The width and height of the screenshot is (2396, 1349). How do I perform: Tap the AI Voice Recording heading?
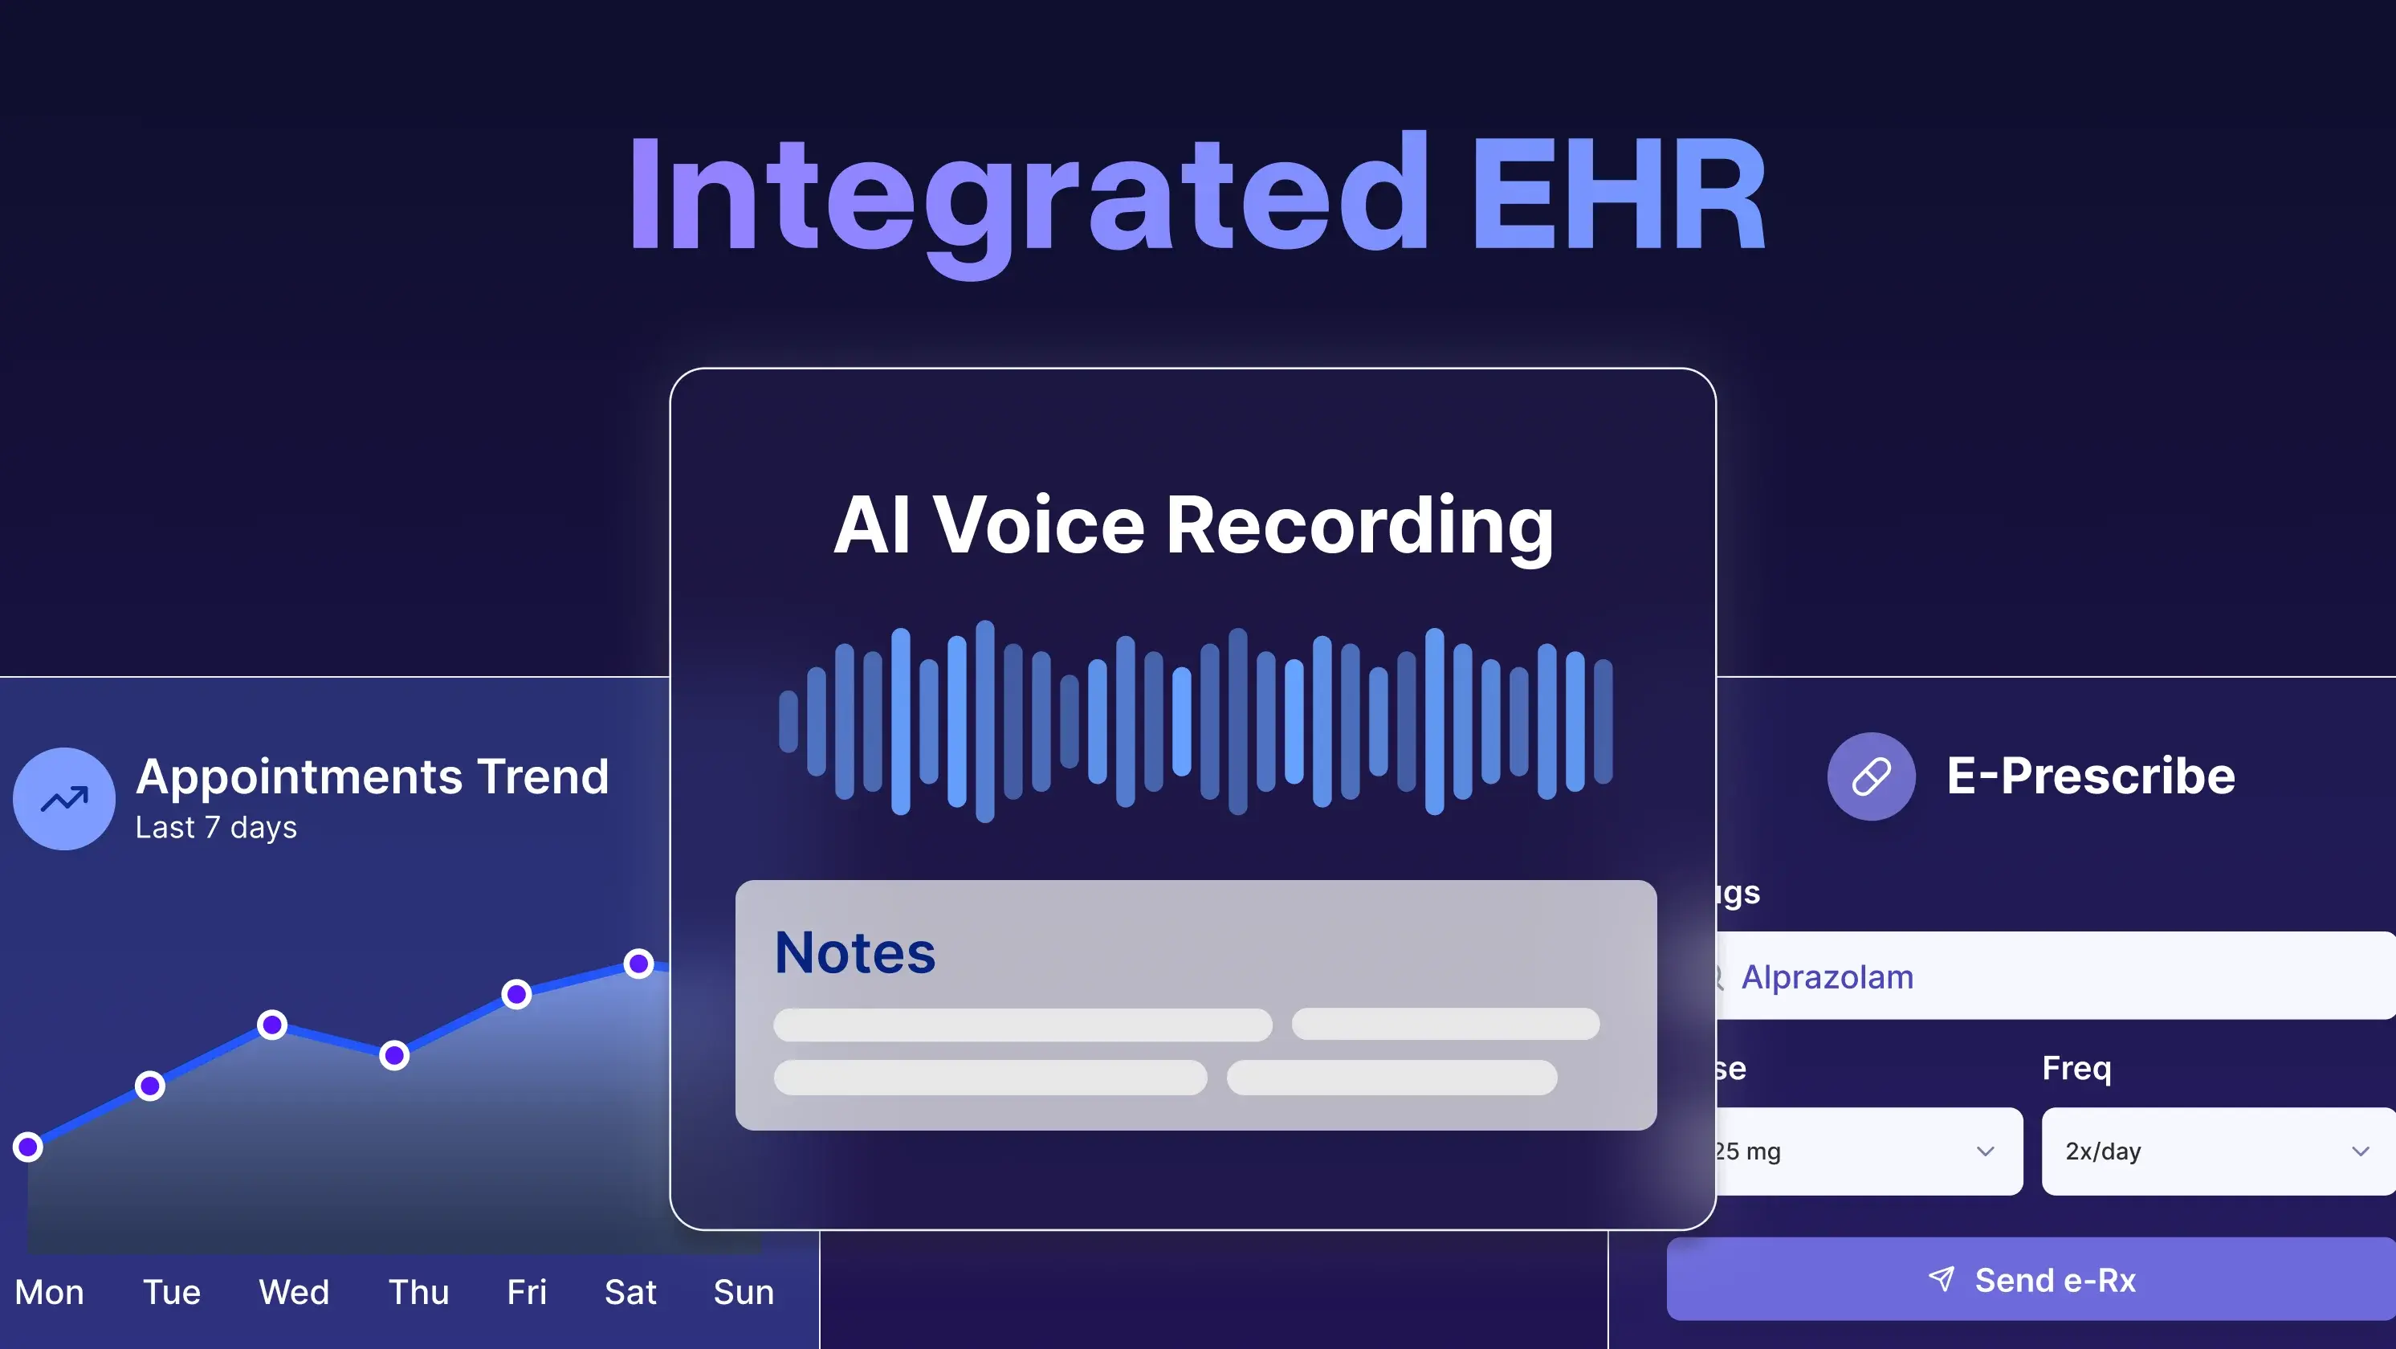click(1192, 526)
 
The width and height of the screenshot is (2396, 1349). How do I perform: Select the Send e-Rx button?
click(2031, 1279)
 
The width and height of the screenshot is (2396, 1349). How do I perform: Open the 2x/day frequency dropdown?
click(2218, 1151)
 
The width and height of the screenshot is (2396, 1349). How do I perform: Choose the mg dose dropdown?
click(1865, 1151)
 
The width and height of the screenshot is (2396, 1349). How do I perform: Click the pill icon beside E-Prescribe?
click(1871, 776)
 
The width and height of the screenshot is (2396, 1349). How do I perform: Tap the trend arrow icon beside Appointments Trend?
click(64, 798)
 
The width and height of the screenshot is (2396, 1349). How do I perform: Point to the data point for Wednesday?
click(272, 1025)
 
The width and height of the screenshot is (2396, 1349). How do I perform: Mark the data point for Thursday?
click(394, 1055)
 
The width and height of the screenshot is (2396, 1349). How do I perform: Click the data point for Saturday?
click(638, 963)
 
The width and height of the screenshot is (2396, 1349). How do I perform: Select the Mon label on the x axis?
click(49, 1291)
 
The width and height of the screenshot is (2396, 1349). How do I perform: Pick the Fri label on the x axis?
click(527, 1291)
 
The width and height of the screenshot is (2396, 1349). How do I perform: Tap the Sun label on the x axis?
click(744, 1291)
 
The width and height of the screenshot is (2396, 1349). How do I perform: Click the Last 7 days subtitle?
click(216, 827)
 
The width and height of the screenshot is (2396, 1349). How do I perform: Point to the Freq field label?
click(2076, 1068)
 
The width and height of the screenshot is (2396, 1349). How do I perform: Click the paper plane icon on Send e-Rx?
click(1942, 1278)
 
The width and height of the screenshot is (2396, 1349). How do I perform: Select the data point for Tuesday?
click(149, 1086)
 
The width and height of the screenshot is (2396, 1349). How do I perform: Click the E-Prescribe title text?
click(2090, 776)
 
